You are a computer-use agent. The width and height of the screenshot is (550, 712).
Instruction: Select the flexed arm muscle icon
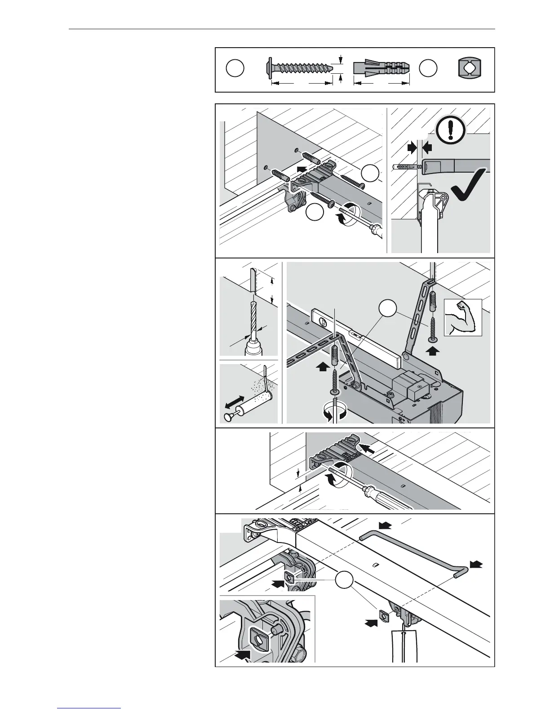(462, 317)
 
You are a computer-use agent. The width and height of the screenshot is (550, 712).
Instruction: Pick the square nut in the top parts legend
(469, 68)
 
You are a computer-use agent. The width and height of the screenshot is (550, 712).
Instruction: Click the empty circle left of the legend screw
(235, 68)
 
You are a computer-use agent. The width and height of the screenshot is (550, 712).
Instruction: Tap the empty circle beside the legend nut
(428, 68)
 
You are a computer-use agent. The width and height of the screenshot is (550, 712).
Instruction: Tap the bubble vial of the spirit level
(322, 321)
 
